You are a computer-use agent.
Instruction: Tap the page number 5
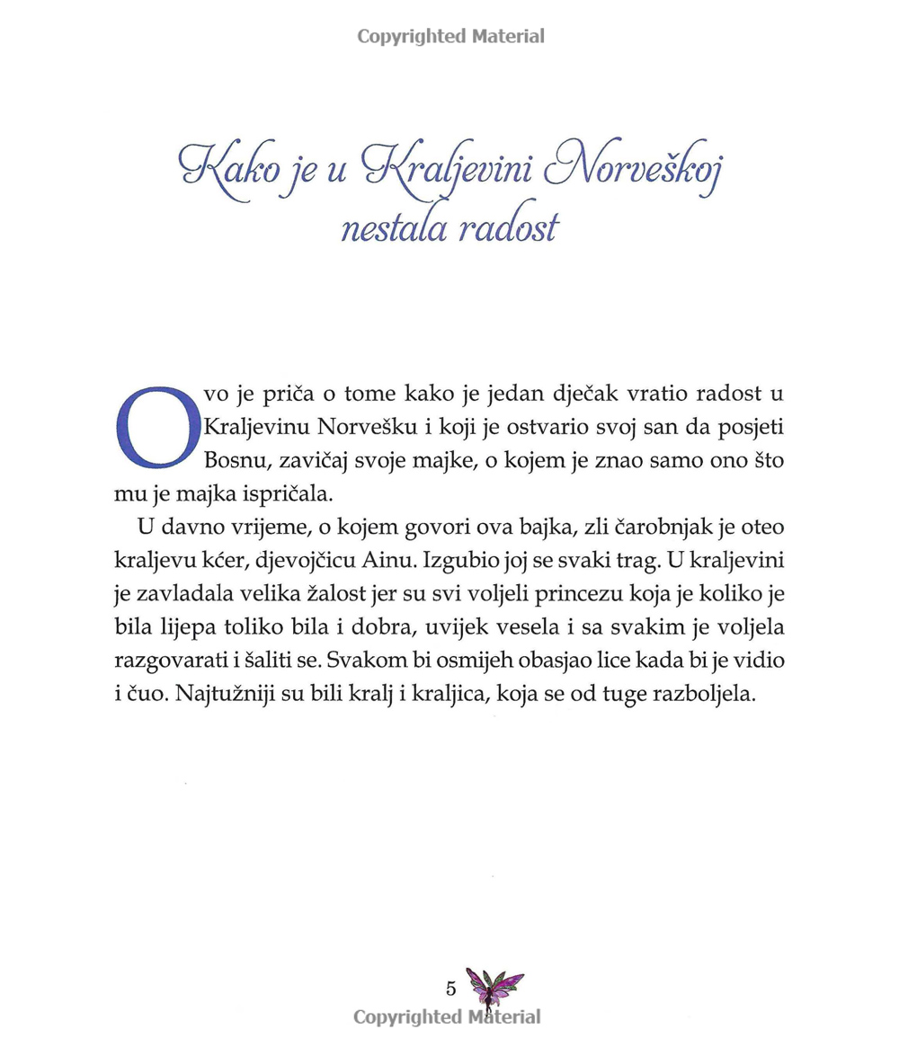(451, 989)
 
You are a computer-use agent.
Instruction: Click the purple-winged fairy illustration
(493, 987)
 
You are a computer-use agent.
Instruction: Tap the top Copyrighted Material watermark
(450, 37)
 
